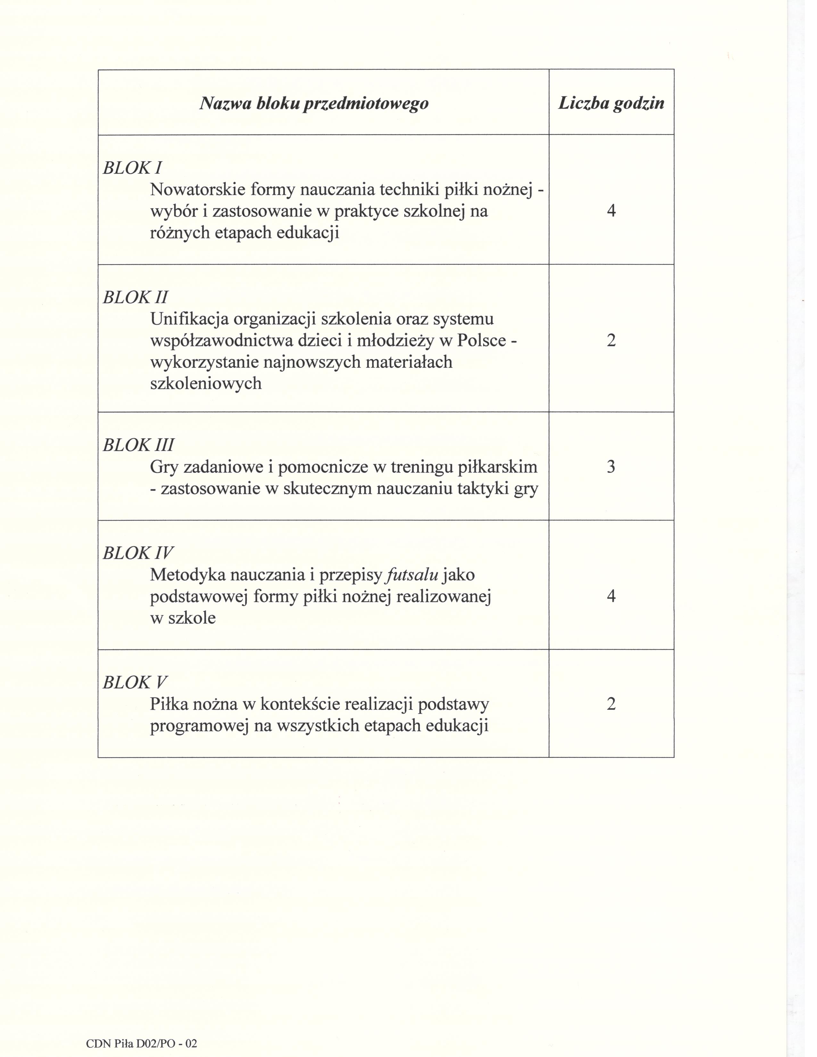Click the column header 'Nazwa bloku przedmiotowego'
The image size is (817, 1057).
314,103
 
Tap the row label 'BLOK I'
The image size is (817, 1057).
132,168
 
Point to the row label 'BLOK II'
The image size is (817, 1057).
136,297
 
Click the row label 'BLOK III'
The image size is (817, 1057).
138,445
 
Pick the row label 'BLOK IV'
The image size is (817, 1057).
138,553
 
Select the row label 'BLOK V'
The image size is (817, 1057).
135,682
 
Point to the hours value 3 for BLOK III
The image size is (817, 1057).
611,467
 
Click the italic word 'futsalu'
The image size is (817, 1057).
411,575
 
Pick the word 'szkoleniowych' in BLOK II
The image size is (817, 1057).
206,383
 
